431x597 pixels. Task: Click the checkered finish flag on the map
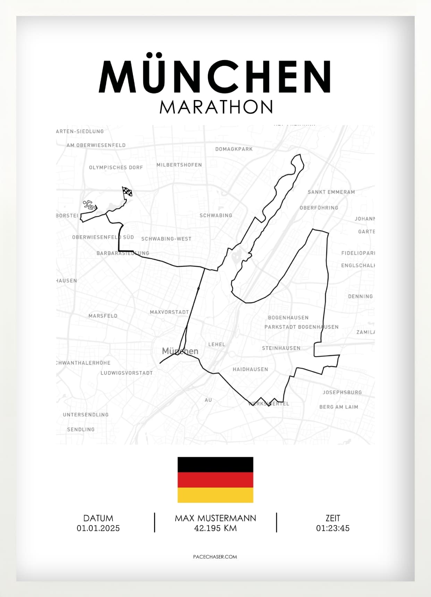127,192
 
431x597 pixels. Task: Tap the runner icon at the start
89,205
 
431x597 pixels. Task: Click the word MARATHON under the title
216,107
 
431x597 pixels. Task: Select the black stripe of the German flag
215,465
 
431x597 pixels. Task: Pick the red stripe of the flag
215,480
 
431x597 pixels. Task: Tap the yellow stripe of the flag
215,495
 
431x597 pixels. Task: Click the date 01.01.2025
98,528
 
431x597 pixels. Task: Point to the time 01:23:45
332,528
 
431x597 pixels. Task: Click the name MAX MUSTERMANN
215,518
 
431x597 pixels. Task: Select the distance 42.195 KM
215,528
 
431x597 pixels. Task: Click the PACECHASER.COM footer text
215,557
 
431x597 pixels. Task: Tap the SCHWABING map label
216,216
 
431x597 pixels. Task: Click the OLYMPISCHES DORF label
116,168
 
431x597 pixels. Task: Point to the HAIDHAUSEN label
250,369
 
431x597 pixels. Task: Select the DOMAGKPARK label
234,149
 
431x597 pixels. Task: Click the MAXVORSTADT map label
169,312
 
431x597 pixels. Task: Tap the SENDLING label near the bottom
81,429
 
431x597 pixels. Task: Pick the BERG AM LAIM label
339,407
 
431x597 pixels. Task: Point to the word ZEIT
332,518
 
